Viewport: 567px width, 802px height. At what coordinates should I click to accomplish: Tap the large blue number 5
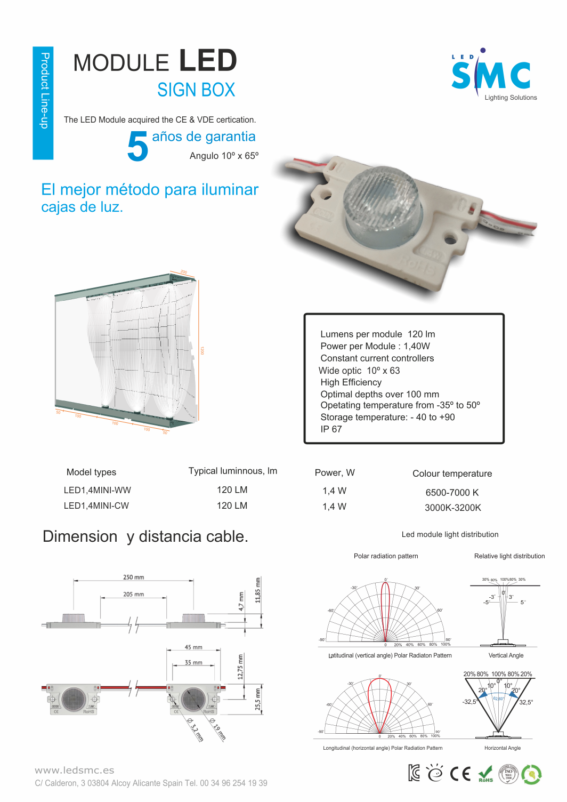[x=137, y=147]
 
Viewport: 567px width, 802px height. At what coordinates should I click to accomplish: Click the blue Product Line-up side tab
[x=43, y=102]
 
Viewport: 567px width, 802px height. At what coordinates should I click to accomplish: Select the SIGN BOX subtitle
[x=196, y=90]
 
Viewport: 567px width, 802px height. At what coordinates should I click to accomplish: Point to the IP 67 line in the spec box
[x=331, y=429]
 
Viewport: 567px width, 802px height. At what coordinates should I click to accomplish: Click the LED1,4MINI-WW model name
[x=98, y=490]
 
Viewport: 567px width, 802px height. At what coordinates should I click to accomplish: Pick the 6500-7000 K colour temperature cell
[x=452, y=493]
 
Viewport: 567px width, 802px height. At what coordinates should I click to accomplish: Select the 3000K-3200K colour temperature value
[x=452, y=508]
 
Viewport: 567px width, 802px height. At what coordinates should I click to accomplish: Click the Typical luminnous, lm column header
[x=232, y=471]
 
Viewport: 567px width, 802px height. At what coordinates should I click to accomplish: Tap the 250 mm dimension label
[x=134, y=577]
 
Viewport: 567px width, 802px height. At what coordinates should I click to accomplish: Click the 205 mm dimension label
[x=134, y=594]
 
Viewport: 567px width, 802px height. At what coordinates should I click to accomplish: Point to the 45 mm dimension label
[x=193, y=647]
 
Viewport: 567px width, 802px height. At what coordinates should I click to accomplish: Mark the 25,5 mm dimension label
[x=258, y=699]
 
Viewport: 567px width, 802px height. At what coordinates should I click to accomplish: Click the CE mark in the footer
[x=460, y=773]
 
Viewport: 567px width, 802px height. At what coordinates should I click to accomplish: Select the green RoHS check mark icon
[x=485, y=774]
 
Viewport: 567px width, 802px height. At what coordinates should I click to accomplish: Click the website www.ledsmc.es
[x=75, y=770]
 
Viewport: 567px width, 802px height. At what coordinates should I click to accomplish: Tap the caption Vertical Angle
[x=506, y=655]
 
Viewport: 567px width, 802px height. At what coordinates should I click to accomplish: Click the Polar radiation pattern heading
[x=386, y=556]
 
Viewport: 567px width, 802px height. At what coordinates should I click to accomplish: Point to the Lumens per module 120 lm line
[x=377, y=334]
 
